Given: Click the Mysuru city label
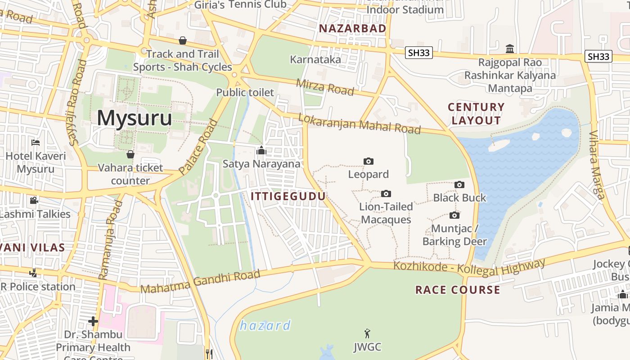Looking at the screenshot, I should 134,118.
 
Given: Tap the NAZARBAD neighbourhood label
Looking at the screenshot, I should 352,28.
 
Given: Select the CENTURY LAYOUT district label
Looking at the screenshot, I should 476,113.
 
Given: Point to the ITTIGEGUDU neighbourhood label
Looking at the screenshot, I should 288,196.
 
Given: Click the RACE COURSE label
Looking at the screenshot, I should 458,289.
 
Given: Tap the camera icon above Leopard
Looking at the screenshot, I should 368,161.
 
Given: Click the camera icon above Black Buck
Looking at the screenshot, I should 459,184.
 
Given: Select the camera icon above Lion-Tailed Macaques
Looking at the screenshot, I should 386,194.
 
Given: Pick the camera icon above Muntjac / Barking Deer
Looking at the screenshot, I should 454,216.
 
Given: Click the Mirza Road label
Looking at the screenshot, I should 325,86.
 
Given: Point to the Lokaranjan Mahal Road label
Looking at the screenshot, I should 359,123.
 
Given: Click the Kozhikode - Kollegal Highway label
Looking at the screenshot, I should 469,268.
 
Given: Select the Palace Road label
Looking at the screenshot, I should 198,147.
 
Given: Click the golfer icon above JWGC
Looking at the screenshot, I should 367,333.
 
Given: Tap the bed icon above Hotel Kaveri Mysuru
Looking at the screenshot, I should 36,143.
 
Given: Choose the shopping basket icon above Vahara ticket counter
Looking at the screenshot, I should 130,154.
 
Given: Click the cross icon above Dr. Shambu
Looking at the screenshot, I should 93,321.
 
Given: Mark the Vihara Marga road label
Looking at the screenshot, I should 597,164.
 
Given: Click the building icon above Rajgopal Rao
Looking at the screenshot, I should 510,49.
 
